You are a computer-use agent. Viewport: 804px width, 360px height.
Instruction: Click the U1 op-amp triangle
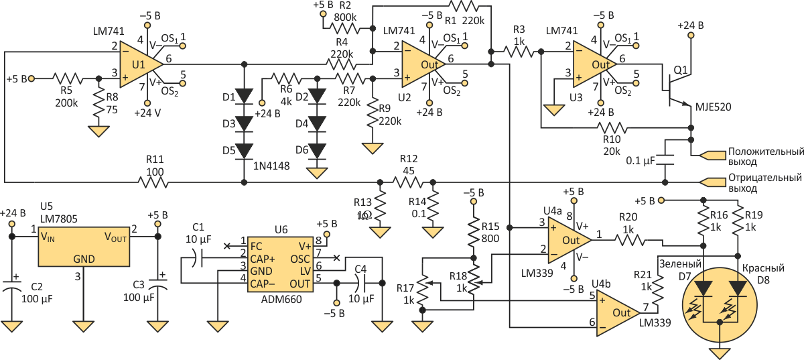[140, 64]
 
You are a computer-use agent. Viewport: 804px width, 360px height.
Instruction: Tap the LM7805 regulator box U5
[84, 247]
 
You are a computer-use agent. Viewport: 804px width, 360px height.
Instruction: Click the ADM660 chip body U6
[280, 266]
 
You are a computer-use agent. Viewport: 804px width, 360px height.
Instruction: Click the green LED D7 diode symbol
[703, 288]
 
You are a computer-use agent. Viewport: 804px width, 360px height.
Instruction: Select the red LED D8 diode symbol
[738, 288]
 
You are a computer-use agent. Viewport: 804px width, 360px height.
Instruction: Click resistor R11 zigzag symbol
[153, 182]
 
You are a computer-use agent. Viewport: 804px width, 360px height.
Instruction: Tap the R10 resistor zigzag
[612, 128]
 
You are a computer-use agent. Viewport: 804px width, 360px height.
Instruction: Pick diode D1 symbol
[244, 97]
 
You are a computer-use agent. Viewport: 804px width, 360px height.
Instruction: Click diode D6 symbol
[317, 151]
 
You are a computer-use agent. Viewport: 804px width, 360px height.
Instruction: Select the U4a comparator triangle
[569, 240]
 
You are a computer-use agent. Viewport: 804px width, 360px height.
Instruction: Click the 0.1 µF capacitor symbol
[665, 160]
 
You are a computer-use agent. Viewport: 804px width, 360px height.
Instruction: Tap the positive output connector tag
[712, 156]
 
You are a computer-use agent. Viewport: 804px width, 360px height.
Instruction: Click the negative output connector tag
[712, 182]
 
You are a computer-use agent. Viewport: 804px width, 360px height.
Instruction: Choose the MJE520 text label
[713, 107]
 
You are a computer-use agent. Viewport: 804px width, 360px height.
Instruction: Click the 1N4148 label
[271, 166]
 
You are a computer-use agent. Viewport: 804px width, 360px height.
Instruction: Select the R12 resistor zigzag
[408, 182]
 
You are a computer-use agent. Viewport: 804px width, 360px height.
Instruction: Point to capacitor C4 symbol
[360, 284]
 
